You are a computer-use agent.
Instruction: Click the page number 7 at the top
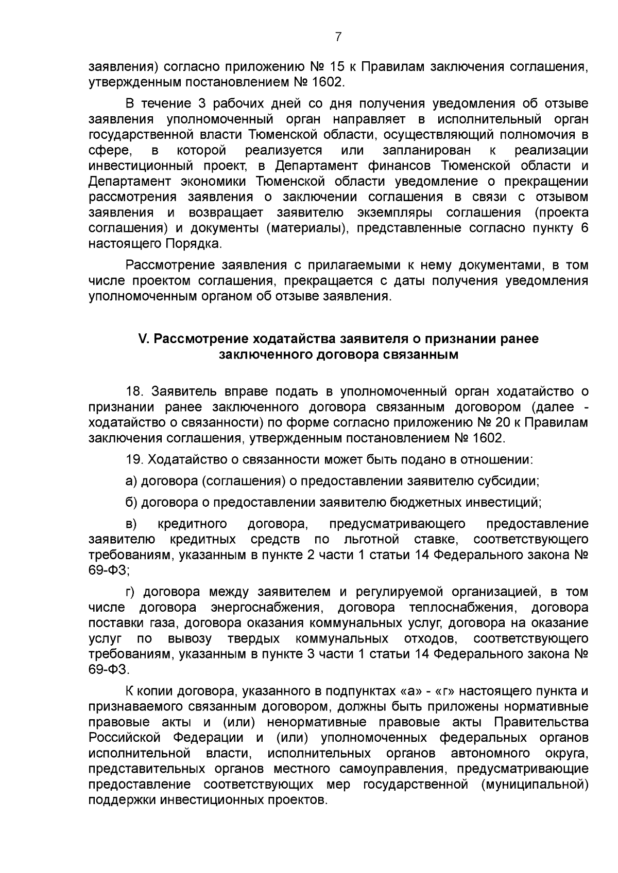(338, 37)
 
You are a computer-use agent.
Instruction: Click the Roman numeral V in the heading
(143, 339)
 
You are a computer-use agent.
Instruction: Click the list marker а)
(132, 481)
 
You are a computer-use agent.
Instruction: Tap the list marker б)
(132, 502)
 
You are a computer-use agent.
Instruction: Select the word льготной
(371, 540)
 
